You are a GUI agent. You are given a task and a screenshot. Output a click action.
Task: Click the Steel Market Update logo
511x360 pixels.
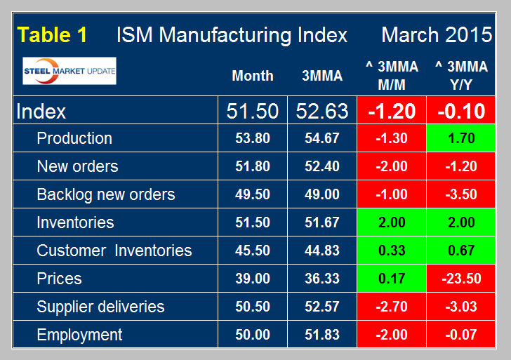(69, 71)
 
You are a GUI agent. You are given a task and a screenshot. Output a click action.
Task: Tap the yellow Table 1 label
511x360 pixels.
(53, 35)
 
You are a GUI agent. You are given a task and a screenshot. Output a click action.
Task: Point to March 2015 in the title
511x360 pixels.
(434, 35)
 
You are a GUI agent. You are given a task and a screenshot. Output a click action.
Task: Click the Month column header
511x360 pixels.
(253, 76)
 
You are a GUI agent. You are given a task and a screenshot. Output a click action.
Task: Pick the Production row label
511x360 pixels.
(74, 138)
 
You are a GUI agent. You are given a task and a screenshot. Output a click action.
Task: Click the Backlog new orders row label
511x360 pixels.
(105, 194)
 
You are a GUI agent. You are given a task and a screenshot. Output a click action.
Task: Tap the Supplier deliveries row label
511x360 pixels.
(100, 307)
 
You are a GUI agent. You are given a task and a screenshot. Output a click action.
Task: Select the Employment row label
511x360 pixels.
(79, 335)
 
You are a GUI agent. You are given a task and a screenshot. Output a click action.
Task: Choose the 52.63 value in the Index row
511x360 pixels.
(322, 110)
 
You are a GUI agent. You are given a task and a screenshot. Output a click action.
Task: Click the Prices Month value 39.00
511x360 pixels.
(253, 279)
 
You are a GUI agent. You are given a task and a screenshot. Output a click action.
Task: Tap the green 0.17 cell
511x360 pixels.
(392, 279)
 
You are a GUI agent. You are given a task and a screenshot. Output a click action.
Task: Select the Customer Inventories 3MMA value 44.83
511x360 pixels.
(322, 251)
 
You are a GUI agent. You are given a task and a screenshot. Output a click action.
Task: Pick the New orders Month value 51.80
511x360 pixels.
(253, 166)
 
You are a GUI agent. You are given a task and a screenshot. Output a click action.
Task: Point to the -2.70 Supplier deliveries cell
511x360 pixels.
(392, 307)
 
